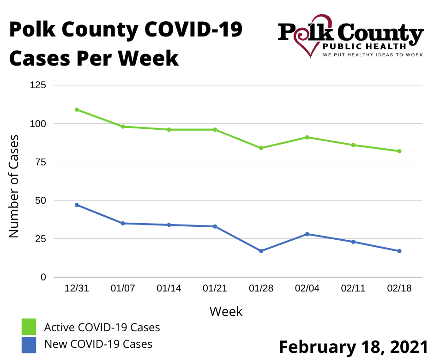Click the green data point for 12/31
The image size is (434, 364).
click(x=77, y=109)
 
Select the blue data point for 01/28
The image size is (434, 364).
click(x=261, y=251)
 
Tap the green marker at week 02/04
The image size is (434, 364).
click(x=307, y=137)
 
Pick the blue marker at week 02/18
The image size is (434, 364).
click(x=399, y=251)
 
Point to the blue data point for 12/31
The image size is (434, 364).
click(x=77, y=205)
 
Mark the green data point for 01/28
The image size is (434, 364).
click(x=261, y=148)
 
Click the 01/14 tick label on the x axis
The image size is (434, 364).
click(x=169, y=289)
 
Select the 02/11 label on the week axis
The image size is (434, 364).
click(x=353, y=289)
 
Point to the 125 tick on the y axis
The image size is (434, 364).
click(x=38, y=85)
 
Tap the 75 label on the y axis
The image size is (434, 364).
click(x=41, y=162)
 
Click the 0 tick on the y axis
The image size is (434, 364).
click(x=43, y=277)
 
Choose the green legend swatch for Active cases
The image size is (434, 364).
click(x=29, y=327)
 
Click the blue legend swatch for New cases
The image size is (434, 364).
click(x=29, y=345)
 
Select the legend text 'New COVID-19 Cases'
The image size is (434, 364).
click(x=98, y=344)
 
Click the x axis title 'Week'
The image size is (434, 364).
click(x=226, y=311)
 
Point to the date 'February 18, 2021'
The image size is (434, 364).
click(x=353, y=347)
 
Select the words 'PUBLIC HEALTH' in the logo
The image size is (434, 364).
click(x=364, y=46)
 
